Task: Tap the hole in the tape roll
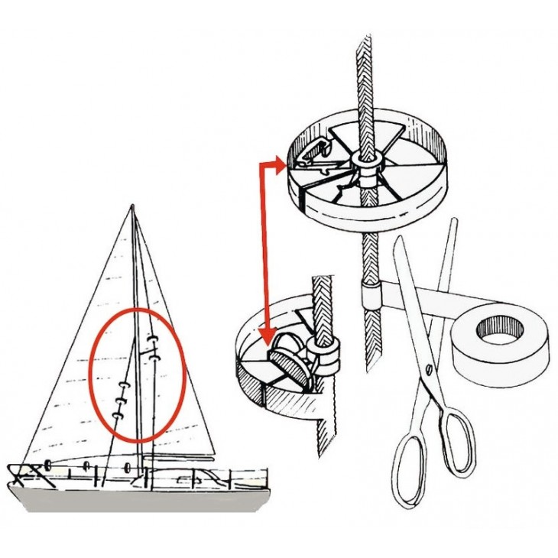click(501, 329)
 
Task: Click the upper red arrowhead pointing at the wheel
click(281, 164)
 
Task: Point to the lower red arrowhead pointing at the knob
click(267, 336)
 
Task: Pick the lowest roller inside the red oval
click(117, 415)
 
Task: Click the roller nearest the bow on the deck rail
click(48, 465)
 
